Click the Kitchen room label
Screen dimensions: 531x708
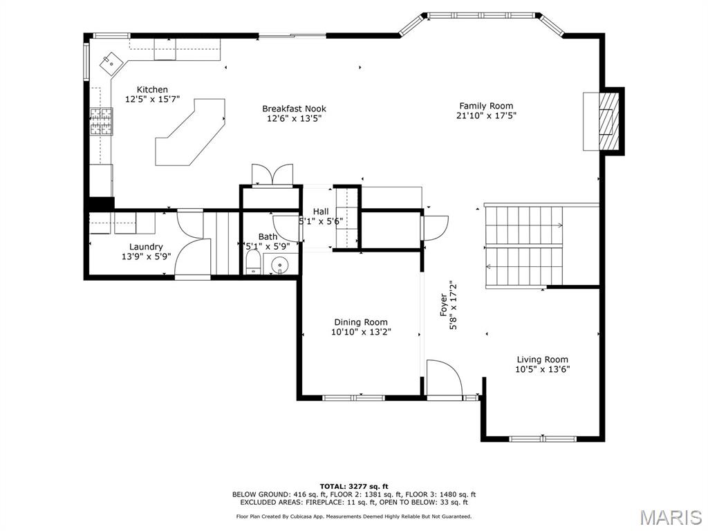(x=152, y=90)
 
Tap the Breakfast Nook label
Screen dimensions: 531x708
(x=294, y=109)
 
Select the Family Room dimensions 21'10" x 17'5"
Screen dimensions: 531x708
(x=487, y=116)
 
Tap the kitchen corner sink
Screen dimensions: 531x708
(x=110, y=64)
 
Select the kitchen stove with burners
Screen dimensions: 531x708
(x=101, y=122)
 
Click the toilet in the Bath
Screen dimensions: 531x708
(x=254, y=263)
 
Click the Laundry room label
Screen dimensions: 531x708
(x=146, y=247)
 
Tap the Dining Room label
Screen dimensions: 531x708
(x=361, y=322)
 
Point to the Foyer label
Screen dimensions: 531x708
(x=444, y=306)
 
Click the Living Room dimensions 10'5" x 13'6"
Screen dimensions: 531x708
(x=543, y=369)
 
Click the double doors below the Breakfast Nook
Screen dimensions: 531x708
(x=272, y=175)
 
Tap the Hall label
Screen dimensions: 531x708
(x=321, y=212)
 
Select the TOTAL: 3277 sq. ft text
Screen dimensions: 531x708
(x=354, y=486)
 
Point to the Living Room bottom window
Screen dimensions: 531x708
(x=543, y=438)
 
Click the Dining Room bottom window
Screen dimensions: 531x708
(x=354, y=398)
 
